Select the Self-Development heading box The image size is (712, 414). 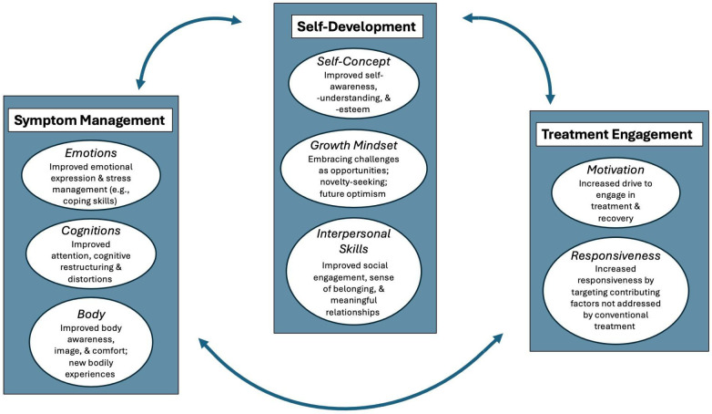[357, 26]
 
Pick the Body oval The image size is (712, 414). [96, 339]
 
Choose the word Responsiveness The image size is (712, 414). [615, 257]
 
